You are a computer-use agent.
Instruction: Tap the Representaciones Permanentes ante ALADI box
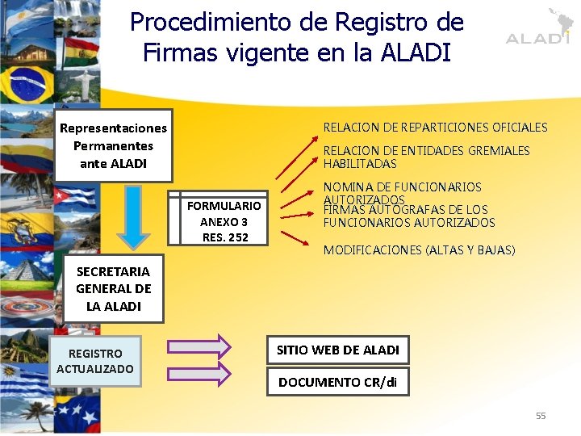click(113, 145)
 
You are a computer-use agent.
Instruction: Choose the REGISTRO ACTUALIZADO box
click(95, 361)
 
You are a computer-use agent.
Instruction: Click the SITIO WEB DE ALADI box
click(337, 350)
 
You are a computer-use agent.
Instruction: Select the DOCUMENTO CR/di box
click(337, 382)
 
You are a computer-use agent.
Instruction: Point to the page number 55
click(541, 416)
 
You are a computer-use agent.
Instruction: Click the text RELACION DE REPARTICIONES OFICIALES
click(435, 128)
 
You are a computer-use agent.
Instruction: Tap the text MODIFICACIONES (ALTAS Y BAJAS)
click(419, 250)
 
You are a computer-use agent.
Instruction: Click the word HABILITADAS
click(360, 164)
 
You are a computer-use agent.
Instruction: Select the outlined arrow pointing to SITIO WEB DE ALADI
click(199, 346)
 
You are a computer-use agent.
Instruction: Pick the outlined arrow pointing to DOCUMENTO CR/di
click(199, 372)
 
